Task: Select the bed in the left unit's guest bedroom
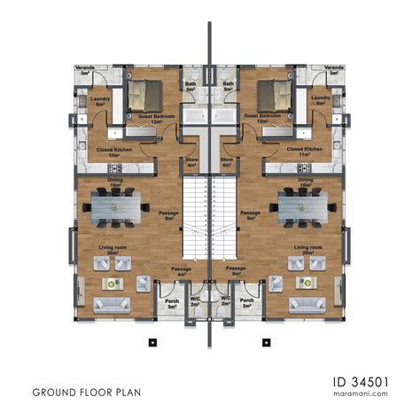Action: pos(143,91)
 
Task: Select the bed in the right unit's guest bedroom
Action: pos(276,91)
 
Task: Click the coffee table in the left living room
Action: pos(113,284)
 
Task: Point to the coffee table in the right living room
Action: pos(307,284)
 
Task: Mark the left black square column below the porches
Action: pos(153,341)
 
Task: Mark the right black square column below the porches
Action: pos(265,341)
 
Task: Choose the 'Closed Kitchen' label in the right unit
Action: pos(306,150)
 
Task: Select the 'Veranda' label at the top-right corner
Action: pos(334,67)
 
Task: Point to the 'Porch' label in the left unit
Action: pos(171,299)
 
